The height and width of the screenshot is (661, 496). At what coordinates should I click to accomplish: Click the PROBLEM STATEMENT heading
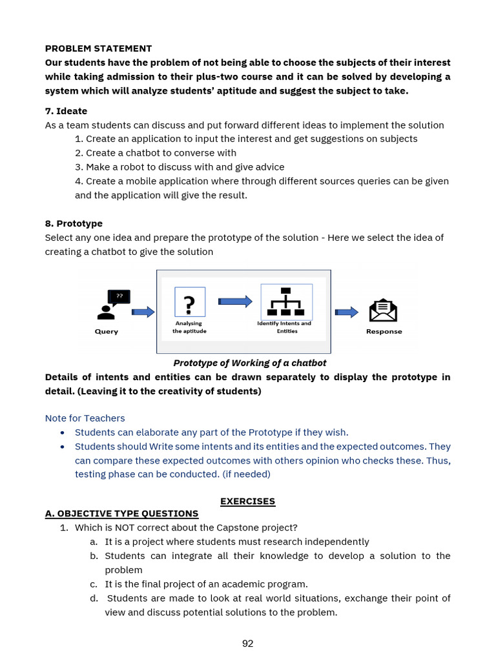tap(98, 48)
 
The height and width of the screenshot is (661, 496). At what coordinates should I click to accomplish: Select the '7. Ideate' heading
tap(66, 111)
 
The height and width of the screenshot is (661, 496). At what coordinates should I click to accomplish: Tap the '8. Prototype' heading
tap(74, 223)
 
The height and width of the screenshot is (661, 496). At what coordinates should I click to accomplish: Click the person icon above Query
tap(106, 312)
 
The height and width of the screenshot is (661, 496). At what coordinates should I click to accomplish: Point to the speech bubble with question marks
tap(119, 296)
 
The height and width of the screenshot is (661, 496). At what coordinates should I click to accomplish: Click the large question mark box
tap(190, 302)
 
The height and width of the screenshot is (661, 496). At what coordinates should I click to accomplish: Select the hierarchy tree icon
tap(286, 301)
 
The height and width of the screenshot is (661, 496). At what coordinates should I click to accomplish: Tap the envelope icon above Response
tap(383, 310)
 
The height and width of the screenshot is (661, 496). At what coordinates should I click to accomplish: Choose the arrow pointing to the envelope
tap(347, 312)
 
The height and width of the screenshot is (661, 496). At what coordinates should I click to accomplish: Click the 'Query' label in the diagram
tap(107, 332)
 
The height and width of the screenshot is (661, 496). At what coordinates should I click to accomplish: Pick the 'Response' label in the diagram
tap(384, 332)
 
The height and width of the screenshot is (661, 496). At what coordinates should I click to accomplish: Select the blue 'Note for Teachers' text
tap(85, 418)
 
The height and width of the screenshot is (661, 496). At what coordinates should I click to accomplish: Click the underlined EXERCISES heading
tap(247, 501)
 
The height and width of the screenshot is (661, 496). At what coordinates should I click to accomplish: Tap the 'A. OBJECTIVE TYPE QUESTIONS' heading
tap(121, 514)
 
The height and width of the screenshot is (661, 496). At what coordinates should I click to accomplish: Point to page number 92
tap(247, 643)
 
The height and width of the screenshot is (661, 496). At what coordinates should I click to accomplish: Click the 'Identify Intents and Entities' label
tap(284, 327)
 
